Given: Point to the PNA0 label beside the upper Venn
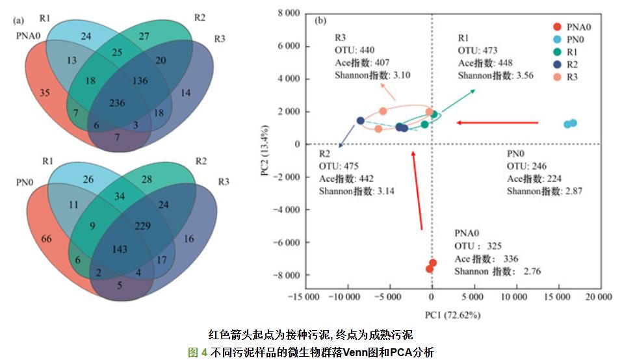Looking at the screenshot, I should (29, 34).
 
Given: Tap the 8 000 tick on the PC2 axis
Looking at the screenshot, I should (285, 13).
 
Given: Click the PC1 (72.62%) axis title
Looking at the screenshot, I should (452, 315).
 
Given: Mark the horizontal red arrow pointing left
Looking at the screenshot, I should (497, 122).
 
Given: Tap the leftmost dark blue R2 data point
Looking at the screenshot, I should (361, 121).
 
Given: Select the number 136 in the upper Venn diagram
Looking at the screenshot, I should (139, 81).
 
